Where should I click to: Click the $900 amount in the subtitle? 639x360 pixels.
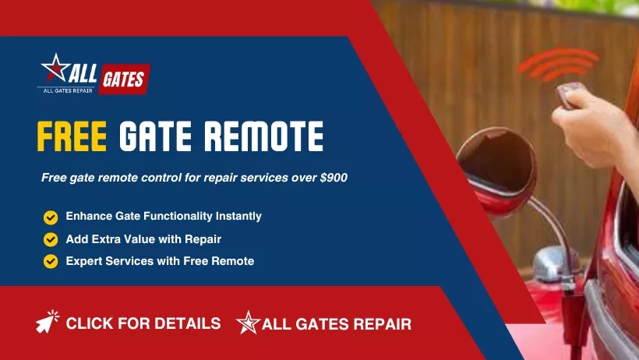pyautogui.click(x=334, y=178)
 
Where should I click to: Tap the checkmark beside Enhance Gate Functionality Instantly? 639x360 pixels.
pyautogui.click(x=51, y=217)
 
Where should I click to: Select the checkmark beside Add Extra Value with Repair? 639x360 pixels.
pyautogui.click(x=51, y=239)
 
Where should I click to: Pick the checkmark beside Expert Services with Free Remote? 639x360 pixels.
pyautogui.click(x=51, y=262)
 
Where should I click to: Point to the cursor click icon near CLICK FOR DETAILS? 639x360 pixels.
pyautogui.click(x=48, y=322)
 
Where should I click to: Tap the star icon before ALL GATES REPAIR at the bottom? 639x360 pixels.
pyautogui.click(x=248, y=323)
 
